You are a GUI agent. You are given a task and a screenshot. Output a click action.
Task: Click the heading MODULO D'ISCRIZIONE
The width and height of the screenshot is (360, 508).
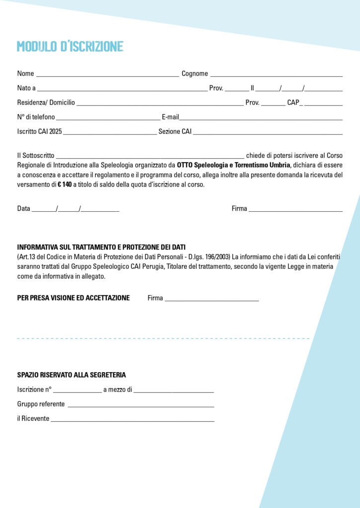pos(70,47)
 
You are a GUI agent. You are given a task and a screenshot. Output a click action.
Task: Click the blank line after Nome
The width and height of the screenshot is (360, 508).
pos(107,75)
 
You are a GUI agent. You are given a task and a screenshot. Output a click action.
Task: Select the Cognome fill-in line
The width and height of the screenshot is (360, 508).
pos(276,75)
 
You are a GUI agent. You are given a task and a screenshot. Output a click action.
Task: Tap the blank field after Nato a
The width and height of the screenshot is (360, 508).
pos(122,90)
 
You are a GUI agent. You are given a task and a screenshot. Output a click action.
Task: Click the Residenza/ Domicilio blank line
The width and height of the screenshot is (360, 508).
pos(160,104)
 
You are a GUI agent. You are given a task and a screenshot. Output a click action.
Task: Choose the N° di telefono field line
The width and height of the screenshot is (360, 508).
pos(108,119)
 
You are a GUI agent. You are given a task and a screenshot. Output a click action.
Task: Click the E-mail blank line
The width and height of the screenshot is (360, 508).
pos(261,119)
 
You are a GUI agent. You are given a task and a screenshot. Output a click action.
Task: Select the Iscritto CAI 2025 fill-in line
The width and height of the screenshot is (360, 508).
pos(110,133)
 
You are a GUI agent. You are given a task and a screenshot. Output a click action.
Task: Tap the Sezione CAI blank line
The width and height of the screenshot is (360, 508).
pos(268,133)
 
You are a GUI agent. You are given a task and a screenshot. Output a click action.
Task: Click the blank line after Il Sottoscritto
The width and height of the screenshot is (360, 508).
pos(150,157)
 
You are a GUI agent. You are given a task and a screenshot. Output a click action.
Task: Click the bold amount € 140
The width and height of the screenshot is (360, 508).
pos(65,185)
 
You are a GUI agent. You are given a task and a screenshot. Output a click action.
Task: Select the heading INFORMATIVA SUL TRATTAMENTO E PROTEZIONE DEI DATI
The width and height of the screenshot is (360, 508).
pos(101,247)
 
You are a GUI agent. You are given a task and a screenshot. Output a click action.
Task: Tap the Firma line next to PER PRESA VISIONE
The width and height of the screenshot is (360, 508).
pos(212,300)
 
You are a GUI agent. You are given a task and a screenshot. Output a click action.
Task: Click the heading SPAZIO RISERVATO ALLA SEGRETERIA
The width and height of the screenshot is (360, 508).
pos(72,375)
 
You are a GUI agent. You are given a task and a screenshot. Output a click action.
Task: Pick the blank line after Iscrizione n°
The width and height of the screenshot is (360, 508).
pos(77,391)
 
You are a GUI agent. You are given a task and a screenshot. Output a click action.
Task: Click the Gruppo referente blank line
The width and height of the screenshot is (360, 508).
pos(141,405)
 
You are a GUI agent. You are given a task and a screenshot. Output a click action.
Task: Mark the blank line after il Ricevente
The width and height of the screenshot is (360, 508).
pos(133,420)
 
